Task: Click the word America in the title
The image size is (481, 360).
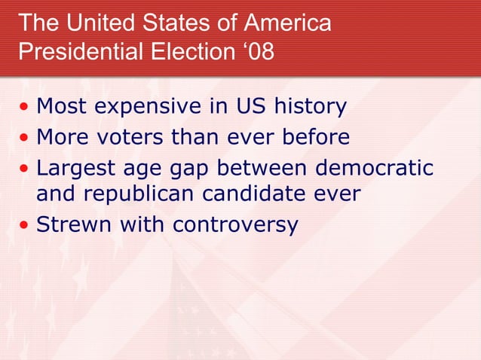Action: coord(287,23)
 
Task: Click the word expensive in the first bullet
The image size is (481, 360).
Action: coord(146,108)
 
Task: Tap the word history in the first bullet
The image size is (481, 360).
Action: coord(308,108)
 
